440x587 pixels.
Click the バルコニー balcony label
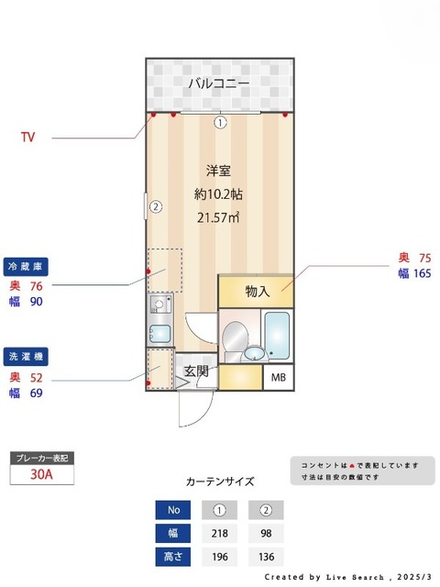tap(219, 83)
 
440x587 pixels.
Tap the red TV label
tap(28, 138)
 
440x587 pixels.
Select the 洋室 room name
tap(217, 171)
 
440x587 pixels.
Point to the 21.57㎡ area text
tap(217, 216)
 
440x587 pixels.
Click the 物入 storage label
tap(258, 292)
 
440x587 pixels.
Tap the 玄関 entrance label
tap(195, 371)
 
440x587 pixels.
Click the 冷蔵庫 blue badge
tap(26, 267)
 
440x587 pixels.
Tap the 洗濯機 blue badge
tap(26, 356)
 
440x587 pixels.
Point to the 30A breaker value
tap(40, 474)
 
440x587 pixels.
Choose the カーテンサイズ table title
tap(219, 481)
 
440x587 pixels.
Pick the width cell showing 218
tap(220, 533)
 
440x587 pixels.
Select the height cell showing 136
tap(266, 556)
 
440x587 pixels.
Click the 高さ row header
tap(172, 556)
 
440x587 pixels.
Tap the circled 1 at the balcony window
tap(220, 122)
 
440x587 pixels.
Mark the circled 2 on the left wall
tap(156, 206)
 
